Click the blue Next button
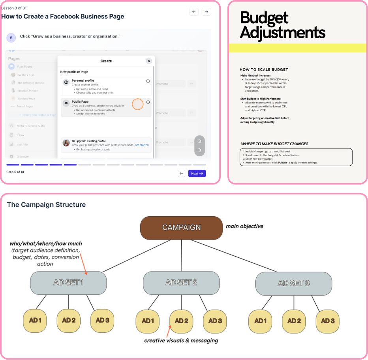pyautogui.click(x=197, y=173)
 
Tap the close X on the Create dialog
pyautogui.click(x=149, y=61)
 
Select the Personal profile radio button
pyautogui.click(x=148, y=81)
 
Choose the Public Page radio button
pyautogui.click(x=148, y=102)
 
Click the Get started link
pyautogui.click(x=142, y=145)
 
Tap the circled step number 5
pyautogui.click(x=11, y=37)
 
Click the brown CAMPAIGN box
pyautogui.click(x=181, y=228)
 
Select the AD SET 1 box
pyautogui.click(x=68, y=283)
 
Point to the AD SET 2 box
pyautogui.click(x=181, y=283)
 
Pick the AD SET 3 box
pyautogui.click(x=294, y=283)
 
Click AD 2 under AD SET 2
pyautogui.click(x=181, y=321)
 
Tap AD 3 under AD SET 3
pyautogui.click(x=328, y=321)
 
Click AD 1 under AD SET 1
pyautogui.click(x=35, y=320)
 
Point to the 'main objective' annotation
pyautogui.click(x=244, y=227)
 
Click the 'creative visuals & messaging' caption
pyautogui.click(x=181, y=340)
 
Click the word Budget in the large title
pyautogui.click(x=264, y=18)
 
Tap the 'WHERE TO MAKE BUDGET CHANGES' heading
pyautogui.click(x=274, y=144)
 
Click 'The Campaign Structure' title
pyautogui.click(x=46, y=204)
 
